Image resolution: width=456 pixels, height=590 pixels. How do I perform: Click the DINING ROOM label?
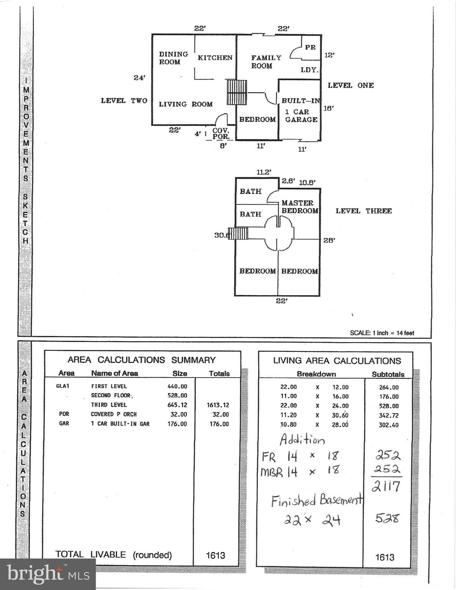pos(173,58)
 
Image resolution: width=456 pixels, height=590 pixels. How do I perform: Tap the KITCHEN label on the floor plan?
pos(215,58)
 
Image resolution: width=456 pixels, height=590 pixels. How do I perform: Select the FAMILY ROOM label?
pos(266,62)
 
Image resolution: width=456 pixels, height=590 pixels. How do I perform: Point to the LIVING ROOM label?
pos(186,104)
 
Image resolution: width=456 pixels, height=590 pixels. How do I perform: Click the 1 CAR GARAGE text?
pos(301,116)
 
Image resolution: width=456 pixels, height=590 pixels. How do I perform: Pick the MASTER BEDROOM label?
pos(299,207)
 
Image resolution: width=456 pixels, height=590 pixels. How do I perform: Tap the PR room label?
pos(310,47)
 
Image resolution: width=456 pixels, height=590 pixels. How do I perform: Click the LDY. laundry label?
pos(309,70)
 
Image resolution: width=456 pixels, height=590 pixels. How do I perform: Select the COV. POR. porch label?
pos(221,134)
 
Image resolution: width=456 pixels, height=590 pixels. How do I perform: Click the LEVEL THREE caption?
pos(363,211)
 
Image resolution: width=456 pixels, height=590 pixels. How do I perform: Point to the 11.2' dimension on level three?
pos(264,172)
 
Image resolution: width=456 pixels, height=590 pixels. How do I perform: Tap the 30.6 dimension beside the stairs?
pos(222,235)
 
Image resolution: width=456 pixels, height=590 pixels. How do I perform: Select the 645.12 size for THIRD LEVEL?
pos(177,405)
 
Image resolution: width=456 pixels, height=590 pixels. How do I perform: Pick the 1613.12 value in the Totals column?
pos(217,405)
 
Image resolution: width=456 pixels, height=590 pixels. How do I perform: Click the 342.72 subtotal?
pos(389,416)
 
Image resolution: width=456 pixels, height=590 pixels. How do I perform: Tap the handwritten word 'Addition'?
pos(302,439)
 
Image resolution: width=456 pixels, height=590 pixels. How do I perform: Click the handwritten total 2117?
pos(386,486)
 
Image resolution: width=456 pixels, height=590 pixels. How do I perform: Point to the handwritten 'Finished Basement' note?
pos(317,501)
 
